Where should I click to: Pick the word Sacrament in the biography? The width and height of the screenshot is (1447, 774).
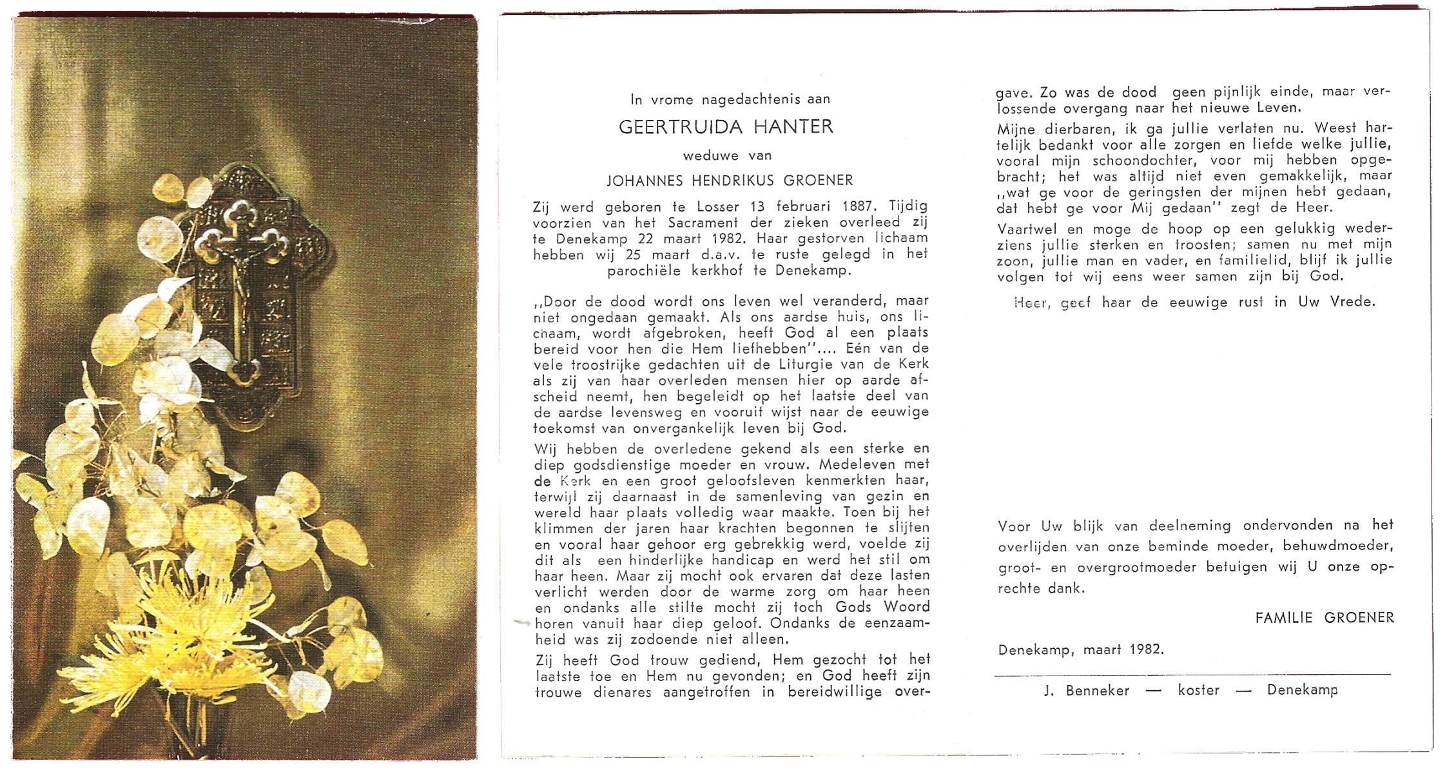(x=681, y=223)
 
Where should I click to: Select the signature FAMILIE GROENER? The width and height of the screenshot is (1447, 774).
(x=1325, y=617)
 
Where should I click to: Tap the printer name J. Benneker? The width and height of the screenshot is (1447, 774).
(x=1087, y=690)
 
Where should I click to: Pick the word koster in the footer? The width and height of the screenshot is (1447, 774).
(x=1198, y=690)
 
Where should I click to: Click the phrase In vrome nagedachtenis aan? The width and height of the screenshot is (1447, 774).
(x=730, y=99)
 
